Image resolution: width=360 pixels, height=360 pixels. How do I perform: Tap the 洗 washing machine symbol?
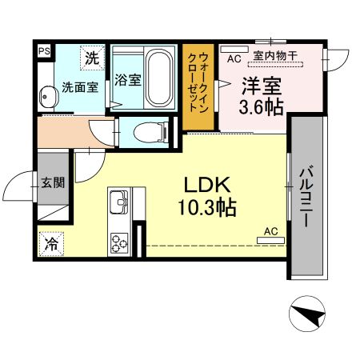point(94,58)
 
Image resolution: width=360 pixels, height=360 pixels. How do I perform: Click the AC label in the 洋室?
point(234,58)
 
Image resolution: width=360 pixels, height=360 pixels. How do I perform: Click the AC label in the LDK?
point(270,231)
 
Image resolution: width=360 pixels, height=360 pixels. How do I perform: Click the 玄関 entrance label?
point(53,182)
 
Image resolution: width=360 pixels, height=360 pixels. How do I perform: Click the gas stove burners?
point(120,241)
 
